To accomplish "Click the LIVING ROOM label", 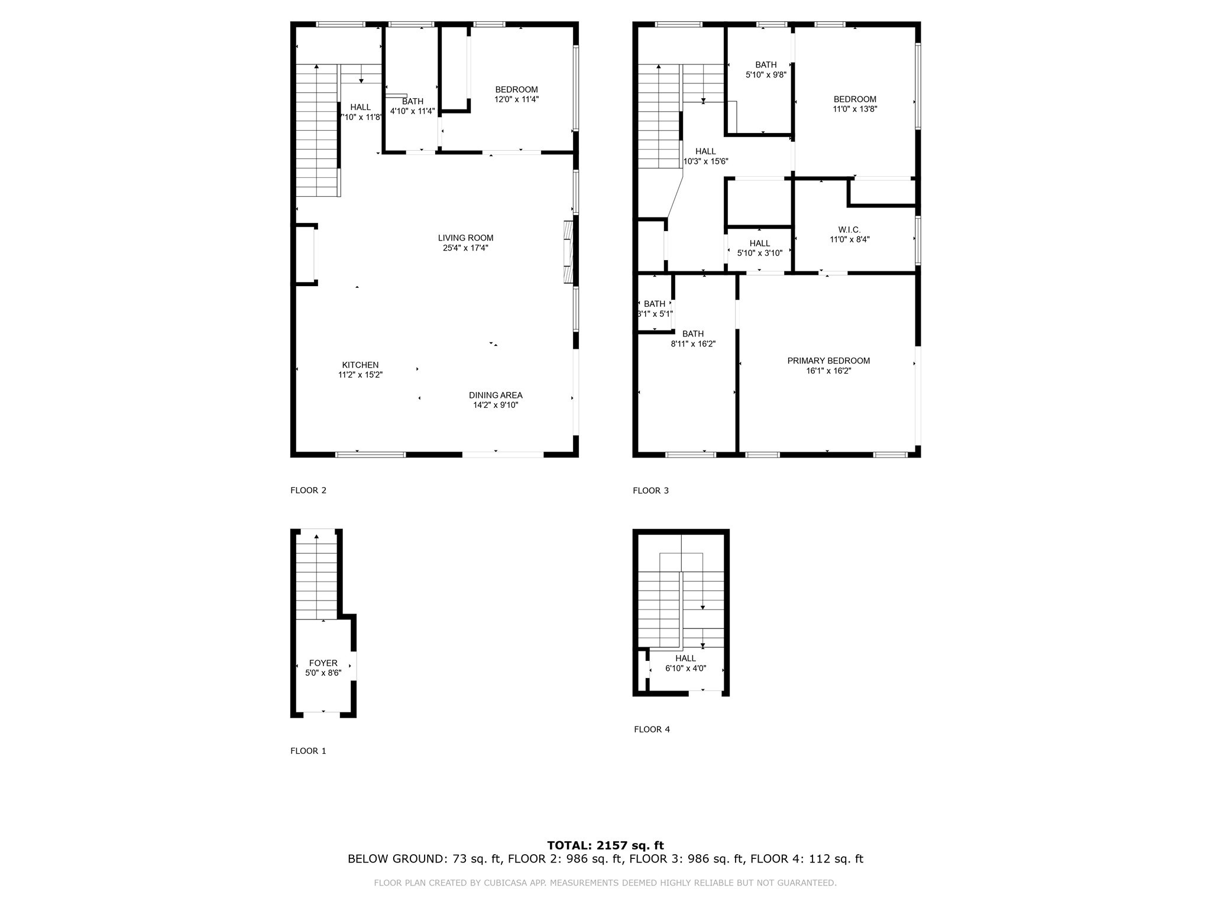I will pyautogui.click(x=465, y=238).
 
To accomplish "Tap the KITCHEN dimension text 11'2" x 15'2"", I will pyautogui.click(x=360, y=375).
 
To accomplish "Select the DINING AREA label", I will pyautogui.click(x=496, y=395).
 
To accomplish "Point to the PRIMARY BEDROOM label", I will pyautogui.click(x=828, y=361).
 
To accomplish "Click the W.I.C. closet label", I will pyautogui.click(x=849, y=229).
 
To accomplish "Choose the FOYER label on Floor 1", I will pyautogui.click(x=323, y=663).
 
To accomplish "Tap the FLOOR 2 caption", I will pyautogui.click(x=308, y=490).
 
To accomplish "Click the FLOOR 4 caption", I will pyautogui.click(x=652, y=729).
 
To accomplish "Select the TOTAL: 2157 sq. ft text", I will pyautogui.click(x=605, y=845).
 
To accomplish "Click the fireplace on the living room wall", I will pyautogui.click(x=568, y=253).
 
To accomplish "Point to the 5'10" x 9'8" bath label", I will pyautogui.click(x=766, y=75).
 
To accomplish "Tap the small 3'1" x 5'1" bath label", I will pyautogui.click(x=655, y=314).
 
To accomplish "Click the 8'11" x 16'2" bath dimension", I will pyautogui.click(x=693, y=343).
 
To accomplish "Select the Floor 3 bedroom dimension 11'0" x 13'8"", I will pyautogui.click(x=855, y=109).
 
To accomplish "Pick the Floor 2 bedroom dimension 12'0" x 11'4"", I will pyautogui.click(x=516, y=99).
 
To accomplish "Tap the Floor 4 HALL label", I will pyautogui.click(x=685, y=658).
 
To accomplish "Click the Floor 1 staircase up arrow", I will pyautogui.click(x=317, y=537).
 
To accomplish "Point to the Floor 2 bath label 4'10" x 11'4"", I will pyautogui.click(x=412, y=111).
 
